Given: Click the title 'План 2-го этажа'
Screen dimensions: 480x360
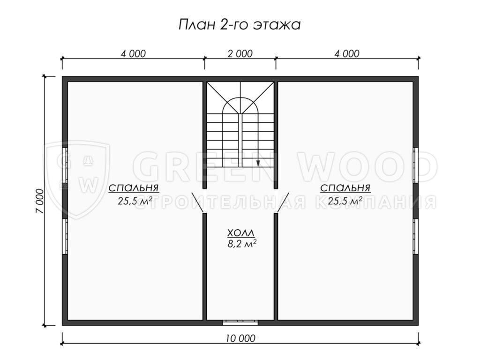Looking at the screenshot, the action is point(240,25).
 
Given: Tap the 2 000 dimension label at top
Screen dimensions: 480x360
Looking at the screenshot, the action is point(240,53).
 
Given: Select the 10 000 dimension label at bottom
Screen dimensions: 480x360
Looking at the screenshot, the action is point(240,338).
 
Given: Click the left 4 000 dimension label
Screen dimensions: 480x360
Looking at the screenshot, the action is point(133,53).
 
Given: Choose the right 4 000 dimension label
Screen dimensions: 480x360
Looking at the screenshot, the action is point(347,53).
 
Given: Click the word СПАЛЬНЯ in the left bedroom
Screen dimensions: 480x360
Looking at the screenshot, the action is point(134,187).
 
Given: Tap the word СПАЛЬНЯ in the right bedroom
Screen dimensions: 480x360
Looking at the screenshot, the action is point(345,187).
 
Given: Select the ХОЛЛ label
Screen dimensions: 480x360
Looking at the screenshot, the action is point(240,233).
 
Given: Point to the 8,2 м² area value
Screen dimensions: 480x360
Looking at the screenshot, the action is point(242,244).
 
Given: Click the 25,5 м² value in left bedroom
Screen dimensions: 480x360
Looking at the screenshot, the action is point(135,201).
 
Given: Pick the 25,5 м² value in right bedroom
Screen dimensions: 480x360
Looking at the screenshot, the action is point(345,201).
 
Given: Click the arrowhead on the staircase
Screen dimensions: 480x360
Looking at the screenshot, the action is point(258,163).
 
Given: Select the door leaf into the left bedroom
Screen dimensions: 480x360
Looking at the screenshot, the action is point(198,202).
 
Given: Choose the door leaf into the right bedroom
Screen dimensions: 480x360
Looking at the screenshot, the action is point(283,202).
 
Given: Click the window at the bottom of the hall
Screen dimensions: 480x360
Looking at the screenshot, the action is point(240,322).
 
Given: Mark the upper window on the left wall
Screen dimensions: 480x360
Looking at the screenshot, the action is point(65,165).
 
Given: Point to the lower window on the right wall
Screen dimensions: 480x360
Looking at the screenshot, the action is point(415,236).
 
